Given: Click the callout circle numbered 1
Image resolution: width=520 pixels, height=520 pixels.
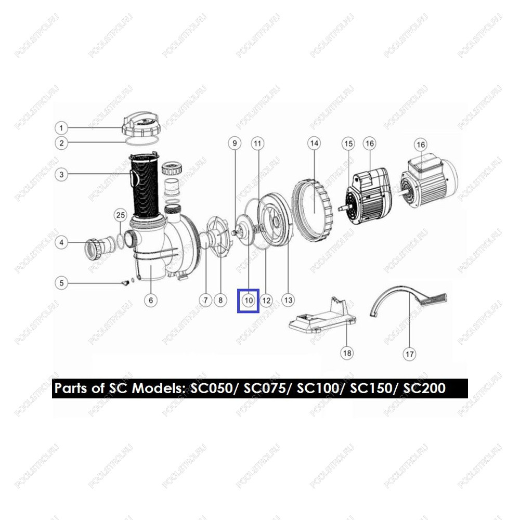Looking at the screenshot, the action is tap(61, 128).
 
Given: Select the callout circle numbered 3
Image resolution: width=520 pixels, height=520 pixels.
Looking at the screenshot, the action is tap(61, 174).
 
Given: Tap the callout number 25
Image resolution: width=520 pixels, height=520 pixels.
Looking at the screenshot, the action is tap(121, 215).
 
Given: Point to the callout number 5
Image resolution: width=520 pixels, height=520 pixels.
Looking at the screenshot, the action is tap(61, 283).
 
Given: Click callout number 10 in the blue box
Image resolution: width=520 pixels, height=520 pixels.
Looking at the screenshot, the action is tap(249, 301).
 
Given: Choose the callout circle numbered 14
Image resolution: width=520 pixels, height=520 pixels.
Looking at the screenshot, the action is tap(314, 144).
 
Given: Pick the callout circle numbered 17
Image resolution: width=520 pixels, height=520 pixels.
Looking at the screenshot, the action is tap(410, 354).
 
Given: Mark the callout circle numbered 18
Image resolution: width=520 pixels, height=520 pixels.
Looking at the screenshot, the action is tap(347, 353).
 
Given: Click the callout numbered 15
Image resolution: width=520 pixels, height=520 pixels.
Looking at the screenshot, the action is tap(348, 144).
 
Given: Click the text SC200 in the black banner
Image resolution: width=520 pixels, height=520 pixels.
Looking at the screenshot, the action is tap(424, 388).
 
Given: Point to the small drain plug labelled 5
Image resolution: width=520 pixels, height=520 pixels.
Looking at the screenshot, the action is tap(125, 283).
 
